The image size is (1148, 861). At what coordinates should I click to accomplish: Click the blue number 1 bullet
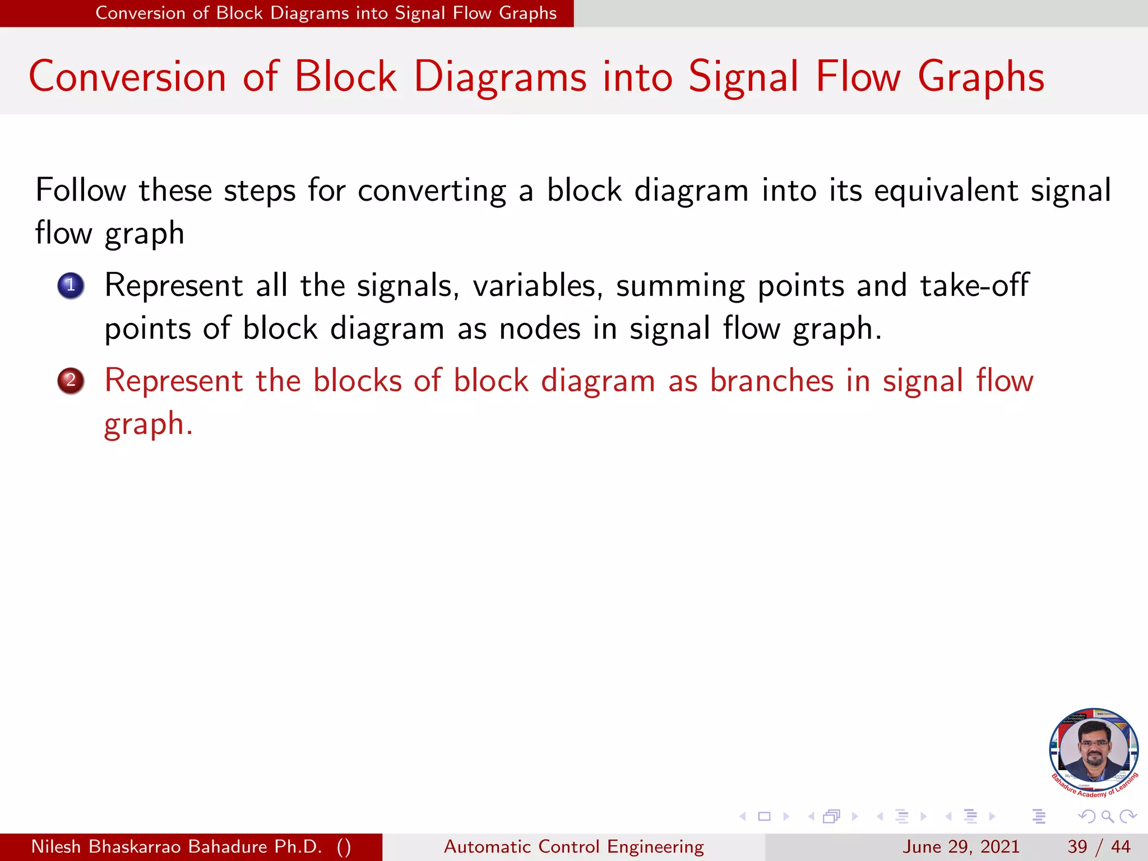tap(71, 286)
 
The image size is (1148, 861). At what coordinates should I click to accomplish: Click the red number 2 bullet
tap(71, 381)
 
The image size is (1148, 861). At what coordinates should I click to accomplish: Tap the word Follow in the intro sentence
tap(81, 190)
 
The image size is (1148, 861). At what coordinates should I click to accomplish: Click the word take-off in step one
tap(974, 285)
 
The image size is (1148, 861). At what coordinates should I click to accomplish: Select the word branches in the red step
tap(772, 381)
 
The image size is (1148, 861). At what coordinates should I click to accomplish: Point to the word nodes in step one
tap(539, 328)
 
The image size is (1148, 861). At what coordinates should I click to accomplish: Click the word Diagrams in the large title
tap(500, 77)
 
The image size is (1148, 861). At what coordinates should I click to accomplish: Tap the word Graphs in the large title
tap(981, 77)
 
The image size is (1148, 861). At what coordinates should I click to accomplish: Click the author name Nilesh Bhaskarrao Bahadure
tap(177, 846)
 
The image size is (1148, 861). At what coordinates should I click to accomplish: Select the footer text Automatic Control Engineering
tap(573, 846)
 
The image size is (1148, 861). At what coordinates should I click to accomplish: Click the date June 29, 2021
tap(961, 846)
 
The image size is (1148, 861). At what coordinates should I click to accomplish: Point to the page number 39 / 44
tap(1099, 846)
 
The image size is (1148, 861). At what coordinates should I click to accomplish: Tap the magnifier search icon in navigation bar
tap(1107, 816)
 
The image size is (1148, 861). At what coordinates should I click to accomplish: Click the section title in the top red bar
tap(326, 13)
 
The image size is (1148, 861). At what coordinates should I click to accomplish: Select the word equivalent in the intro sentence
tap(946, 190)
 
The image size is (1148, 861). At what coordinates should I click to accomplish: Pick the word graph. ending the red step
tap(149, 424)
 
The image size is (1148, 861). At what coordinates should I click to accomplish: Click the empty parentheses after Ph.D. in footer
tap(344, 846)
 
